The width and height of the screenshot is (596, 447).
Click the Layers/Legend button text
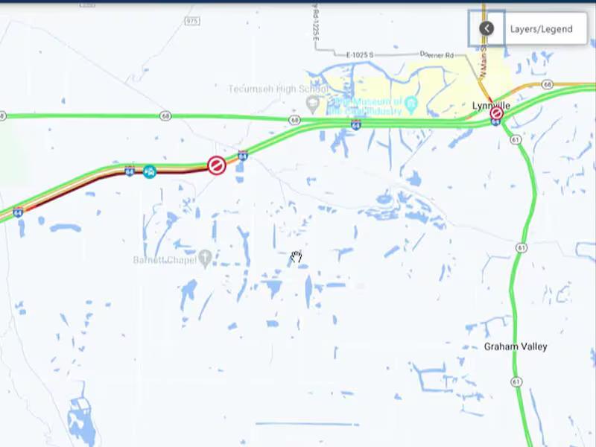click(x=542, y=29)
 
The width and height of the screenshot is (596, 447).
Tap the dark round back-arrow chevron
click(x=486, y=28)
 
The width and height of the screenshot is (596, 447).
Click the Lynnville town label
click(x=492, y=106)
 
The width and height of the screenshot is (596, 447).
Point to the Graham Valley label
click(x=516, y=346)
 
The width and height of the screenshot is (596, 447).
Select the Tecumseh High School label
click(x=277, y=89)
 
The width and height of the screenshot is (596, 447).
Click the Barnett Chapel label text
click(x=165, y=260)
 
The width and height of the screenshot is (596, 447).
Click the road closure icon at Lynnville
click(x=496, y=114)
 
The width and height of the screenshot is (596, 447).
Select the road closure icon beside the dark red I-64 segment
click(x=216, y=165)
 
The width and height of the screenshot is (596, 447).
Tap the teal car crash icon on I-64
click(x=150, y=172)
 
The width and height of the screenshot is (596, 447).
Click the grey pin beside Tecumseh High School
click(x=312, y=102)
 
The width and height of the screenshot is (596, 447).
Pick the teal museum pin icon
click(x=410, y=102)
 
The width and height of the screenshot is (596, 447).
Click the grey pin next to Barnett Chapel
click(x=205, y=258)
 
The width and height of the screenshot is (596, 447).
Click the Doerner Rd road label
click(x=437, y=55)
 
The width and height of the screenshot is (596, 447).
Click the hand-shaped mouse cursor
click(x=297, y=258)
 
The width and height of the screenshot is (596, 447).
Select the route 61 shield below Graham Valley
click(x=516, y=381)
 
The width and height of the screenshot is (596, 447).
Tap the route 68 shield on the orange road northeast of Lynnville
click(x=548, y=85)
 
